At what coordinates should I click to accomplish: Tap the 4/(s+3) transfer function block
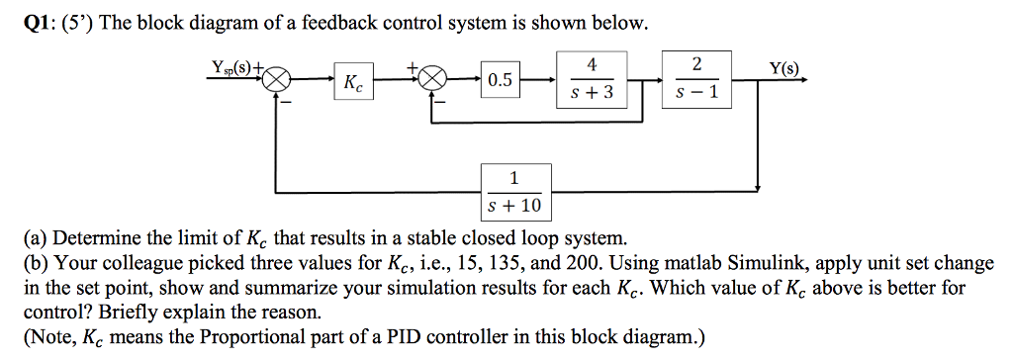tap(592, 79)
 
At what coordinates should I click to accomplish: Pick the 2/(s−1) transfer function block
tap(697, 78)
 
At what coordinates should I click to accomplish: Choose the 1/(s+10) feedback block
tap(513, 192)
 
